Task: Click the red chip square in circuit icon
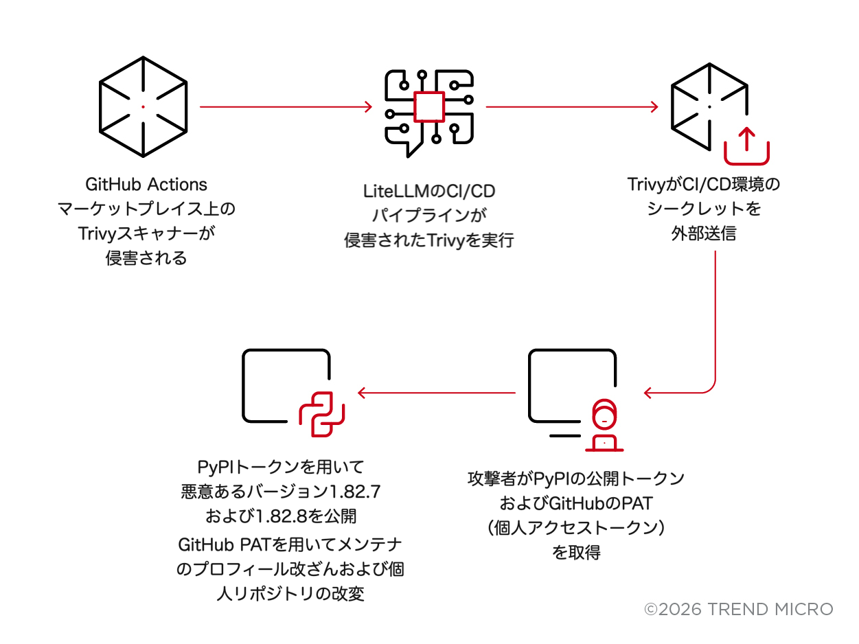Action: [x=430, y=106]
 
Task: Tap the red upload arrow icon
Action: [x=747, y=145]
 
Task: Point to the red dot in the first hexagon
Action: [x=143, y=106]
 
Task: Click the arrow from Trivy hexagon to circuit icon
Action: [x=286, y=106]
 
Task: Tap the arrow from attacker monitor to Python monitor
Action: [x=437, y=393]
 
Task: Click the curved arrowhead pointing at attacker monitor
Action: [x=650, y=393]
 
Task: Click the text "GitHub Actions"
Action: [x=146, y=185]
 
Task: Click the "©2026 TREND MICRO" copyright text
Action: [x=738, y=609]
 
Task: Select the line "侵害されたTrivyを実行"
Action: [x=429, y=241]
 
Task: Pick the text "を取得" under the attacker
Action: [x=576, y=552]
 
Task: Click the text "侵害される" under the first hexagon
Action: [x=146, y=258]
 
